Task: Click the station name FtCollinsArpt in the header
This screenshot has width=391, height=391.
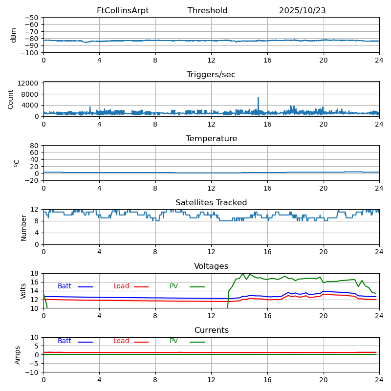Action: click(123, 11)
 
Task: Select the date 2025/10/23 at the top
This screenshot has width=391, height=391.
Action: click(302, 11)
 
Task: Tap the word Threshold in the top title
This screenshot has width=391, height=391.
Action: click(207, 11)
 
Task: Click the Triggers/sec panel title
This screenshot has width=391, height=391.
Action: click(211, 75)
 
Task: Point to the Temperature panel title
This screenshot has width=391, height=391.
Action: click(211, 139)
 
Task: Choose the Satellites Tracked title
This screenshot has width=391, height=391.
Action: click(211, 203)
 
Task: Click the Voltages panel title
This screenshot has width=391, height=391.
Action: click(211, 266)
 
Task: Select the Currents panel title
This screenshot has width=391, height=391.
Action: click(211, 330)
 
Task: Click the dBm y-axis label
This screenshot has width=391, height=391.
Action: click(14, 35)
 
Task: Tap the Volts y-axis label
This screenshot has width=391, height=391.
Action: click(23, 291)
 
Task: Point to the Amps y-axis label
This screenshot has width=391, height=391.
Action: click(18, 355)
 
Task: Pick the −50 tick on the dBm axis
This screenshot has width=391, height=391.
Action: click(31, 18)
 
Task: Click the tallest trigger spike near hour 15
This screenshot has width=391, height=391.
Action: click(258, 98)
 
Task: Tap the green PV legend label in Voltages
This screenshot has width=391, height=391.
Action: click(174, 286)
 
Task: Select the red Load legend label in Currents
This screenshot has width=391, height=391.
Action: click(121, 341)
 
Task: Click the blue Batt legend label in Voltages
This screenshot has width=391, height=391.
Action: click(65, 286)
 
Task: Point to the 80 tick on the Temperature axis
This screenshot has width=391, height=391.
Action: click(35, 146)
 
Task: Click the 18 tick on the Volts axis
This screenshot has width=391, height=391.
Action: click(35, 273)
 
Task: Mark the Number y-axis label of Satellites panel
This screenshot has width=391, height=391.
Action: click(23, 227)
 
